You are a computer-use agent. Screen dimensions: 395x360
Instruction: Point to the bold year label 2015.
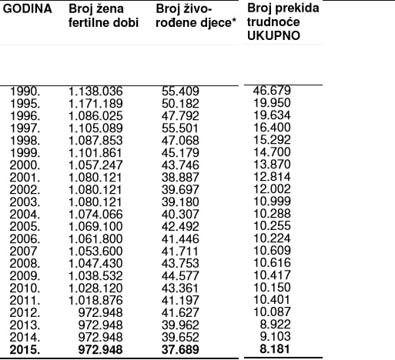[25, 352]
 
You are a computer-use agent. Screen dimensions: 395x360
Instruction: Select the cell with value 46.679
[271, 91]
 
